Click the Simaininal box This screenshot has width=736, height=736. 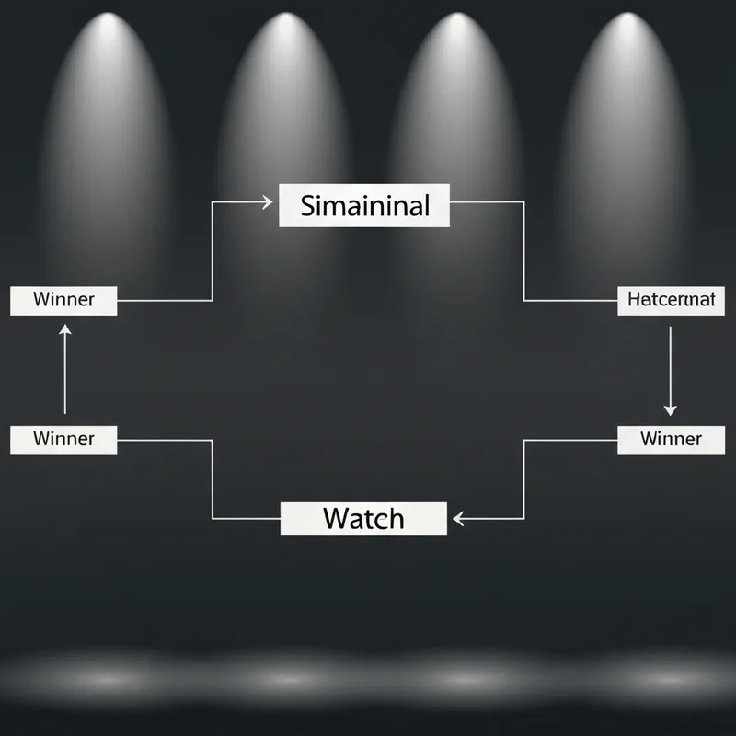point(364,205)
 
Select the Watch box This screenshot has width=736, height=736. point(362,518)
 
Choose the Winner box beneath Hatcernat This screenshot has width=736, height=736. point(671,439)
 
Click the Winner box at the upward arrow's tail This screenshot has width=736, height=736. point(63,439)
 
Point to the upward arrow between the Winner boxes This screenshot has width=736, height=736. point(64,368)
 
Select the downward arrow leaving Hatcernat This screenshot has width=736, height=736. point(670,368)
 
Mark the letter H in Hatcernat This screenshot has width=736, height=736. point(632,300)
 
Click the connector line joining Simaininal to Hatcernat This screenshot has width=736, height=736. point(523,248)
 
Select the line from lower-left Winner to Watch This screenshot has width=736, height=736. point(213,478)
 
